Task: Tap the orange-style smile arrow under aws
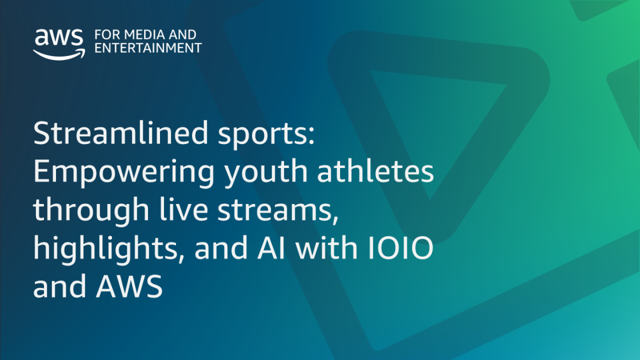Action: pos(59,54)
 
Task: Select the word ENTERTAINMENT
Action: pos(148,48)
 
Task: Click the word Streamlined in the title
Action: pos(121,133)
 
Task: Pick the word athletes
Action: pos(375,171)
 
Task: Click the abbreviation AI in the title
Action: pos(271,247)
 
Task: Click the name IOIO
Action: pos(401,247)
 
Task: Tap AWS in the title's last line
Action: pos(129,286)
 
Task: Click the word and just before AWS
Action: pos(59,286)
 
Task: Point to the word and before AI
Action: pos(221,247)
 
